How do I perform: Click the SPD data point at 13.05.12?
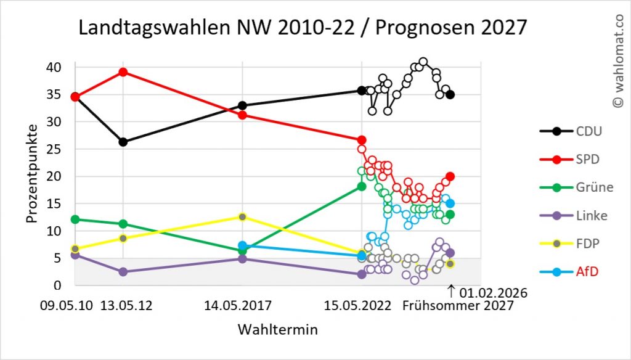tap(123, 72)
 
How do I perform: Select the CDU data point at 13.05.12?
tap(123, 142)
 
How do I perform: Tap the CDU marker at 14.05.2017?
tap(243, 105)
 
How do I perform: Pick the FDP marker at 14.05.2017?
tap(243, 216)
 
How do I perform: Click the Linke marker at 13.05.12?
tap(123, 272)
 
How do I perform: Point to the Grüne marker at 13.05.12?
tap(123, 224)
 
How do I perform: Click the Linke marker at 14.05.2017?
tap(243, 259)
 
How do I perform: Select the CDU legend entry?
tap(576, 131)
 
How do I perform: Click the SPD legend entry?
tap(576, 159)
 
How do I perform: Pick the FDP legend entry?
tap(576, 244)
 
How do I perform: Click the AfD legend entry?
tap(576, 272)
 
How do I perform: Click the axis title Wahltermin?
tap(277, 330)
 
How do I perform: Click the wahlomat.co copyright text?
tap(618, 62)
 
